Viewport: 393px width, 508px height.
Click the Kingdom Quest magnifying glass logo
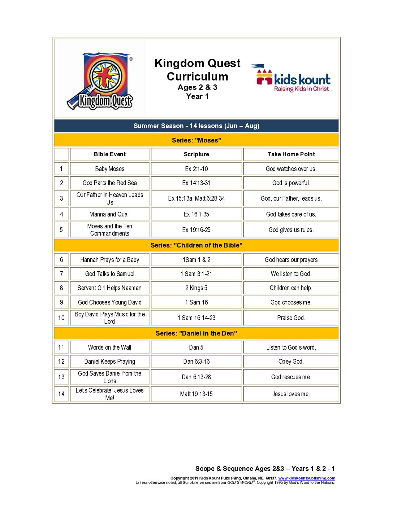tap(100, 81)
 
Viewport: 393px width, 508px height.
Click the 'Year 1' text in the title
tap(197, 96)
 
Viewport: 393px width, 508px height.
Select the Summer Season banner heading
tap(196, 126)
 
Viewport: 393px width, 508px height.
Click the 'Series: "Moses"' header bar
tap(196, 140)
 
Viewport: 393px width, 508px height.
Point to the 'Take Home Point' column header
tap(291, 154)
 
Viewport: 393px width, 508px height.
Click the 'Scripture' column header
tap(196, 154)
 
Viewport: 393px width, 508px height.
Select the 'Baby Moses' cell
tap(110, 169)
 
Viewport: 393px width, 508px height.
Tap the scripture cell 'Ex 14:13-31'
tap(196, 183)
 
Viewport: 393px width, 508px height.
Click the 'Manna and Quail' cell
tap(110, 214)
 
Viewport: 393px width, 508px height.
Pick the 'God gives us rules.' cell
tap(291, 230)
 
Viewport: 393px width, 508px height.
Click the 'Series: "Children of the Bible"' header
tap(196, 245)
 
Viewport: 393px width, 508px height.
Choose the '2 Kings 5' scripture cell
tap(196, 288)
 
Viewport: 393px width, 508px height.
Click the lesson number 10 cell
tap(61, 318)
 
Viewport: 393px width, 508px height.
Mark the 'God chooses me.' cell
tap(291, 302)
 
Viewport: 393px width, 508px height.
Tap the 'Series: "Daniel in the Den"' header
tap(196, 333)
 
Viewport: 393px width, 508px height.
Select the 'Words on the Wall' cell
tap(110, 347)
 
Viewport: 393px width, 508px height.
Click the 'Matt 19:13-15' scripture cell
tap(196, 394)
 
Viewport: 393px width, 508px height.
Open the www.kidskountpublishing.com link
tap(307, 478)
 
